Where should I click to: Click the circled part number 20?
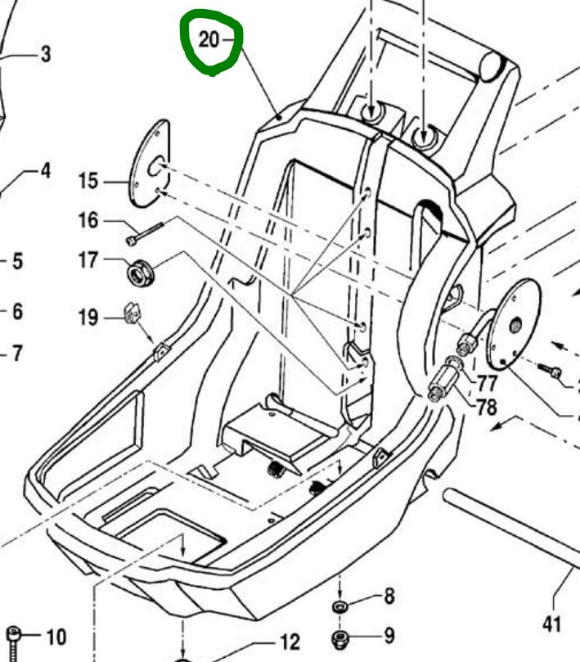pos(209,39)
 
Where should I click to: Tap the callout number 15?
pos(88,181)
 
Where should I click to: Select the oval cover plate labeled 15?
pos(150,164)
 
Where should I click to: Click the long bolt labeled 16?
pos(145,233)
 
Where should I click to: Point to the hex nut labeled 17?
pos(141,272)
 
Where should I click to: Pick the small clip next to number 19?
pos(133,313)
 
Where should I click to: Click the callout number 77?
pos(487,383)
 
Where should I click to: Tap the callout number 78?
pos(487,407)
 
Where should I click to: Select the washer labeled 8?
pos(339,607)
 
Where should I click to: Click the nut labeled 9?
pos(340,638)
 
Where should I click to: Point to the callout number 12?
pos(290,642)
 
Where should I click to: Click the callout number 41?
pos(551,624)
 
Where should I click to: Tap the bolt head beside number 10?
pos(14,634)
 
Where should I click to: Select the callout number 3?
pos(46,54)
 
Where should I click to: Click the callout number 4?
pos(46,170)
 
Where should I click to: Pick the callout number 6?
pos(17,312)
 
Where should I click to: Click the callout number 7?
pos(17,353)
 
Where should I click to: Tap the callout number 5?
pos(17,261)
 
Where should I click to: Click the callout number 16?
pos(88,220)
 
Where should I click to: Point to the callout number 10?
pos(56,637)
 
